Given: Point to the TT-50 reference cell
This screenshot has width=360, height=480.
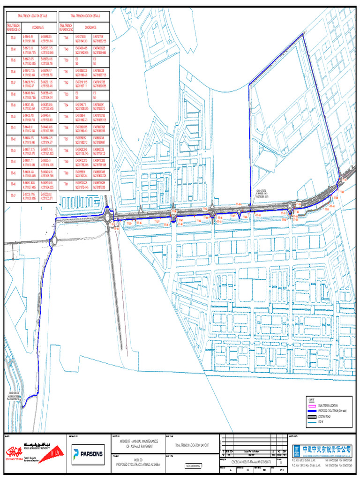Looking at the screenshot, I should coord(66,60).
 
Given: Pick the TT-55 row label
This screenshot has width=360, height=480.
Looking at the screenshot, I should coord(66,116).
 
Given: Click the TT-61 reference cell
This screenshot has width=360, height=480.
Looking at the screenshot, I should coord(66,184).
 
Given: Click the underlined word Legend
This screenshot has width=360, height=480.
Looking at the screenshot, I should coord(311,399).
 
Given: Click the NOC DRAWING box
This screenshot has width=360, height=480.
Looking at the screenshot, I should coord(194,466).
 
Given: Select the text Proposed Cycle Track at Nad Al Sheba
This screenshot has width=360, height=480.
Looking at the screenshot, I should coord(138,464).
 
